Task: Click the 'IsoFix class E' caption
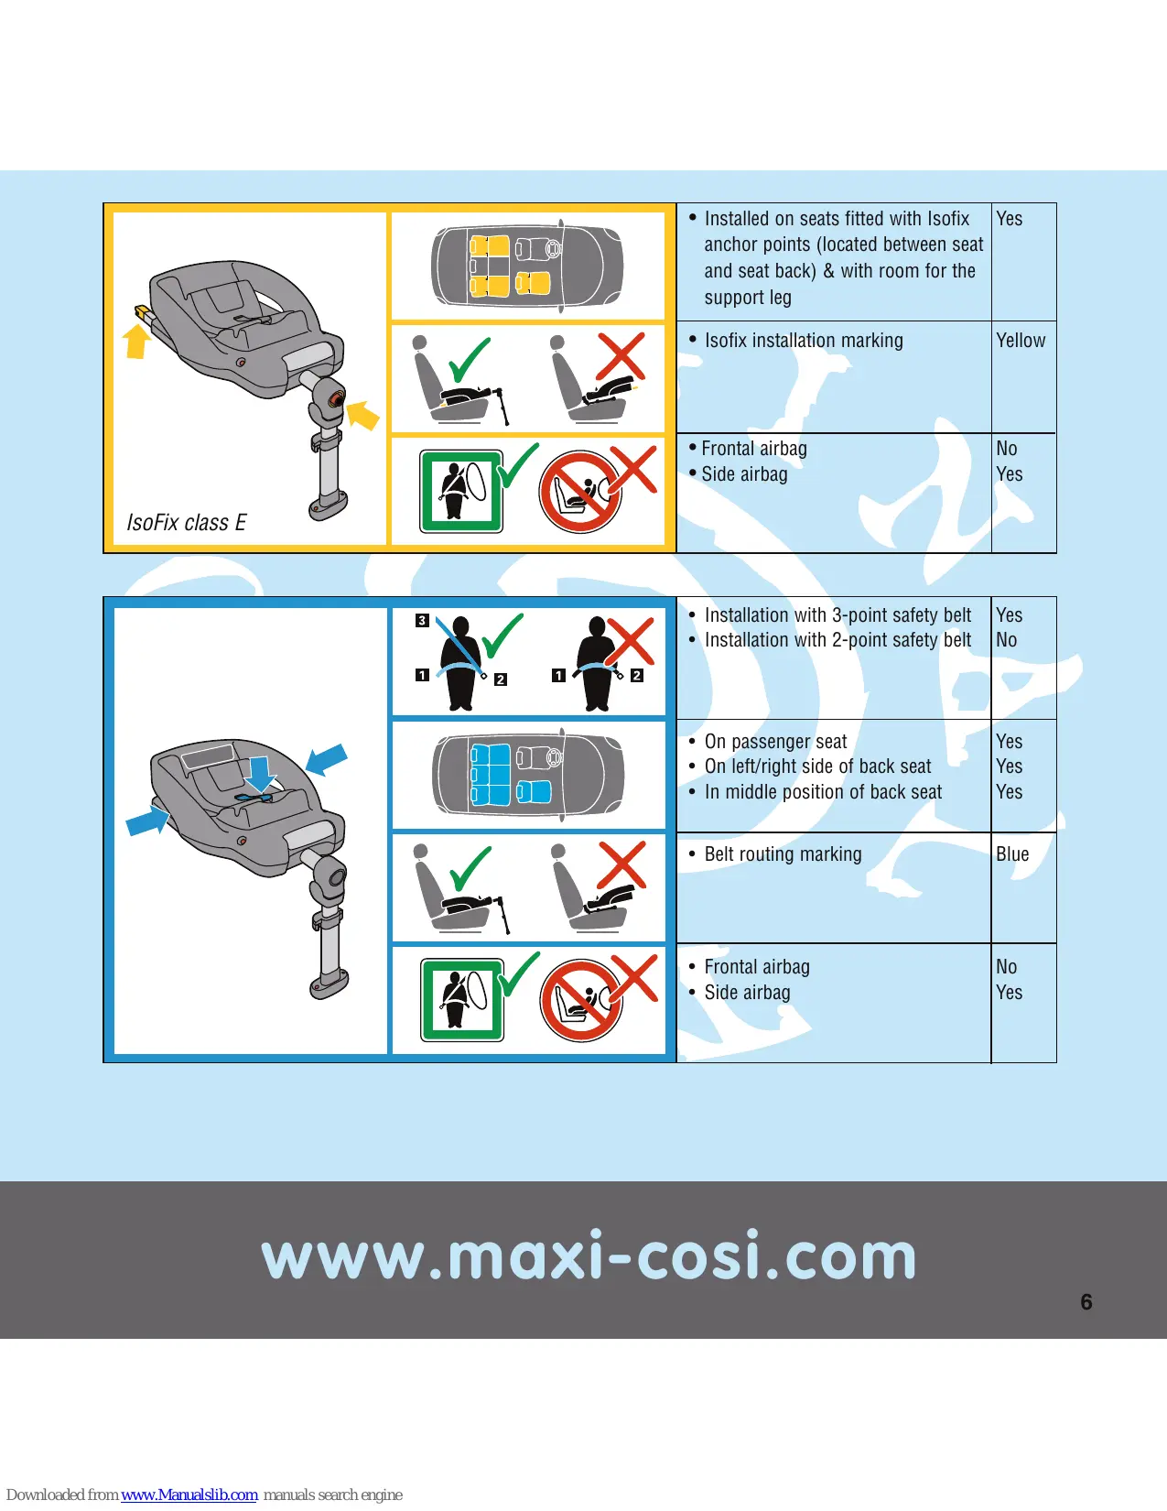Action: pos(187,522)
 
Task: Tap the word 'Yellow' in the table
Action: pos(1021,340)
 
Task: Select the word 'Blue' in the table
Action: pos(1012,853)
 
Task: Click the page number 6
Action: pos(1086,1301)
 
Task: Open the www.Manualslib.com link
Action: pos(189,1495)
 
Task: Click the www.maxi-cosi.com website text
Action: pos(589,1256)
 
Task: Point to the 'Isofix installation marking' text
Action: pos(804,340)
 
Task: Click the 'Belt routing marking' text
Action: pos(783,853)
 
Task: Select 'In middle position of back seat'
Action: pos(823,792)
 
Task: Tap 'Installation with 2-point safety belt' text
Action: pos(837,640)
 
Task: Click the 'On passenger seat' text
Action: pos(775,741)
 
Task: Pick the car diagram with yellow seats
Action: pos(527,265)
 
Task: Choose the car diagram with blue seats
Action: pos(528,773)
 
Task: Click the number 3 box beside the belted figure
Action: pos(422,620)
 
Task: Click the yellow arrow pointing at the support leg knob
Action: pos(362,415)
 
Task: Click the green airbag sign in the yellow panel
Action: pos(460,492)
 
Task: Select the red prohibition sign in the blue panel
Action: pos(580,1001)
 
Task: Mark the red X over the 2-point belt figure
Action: pos(629,641)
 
